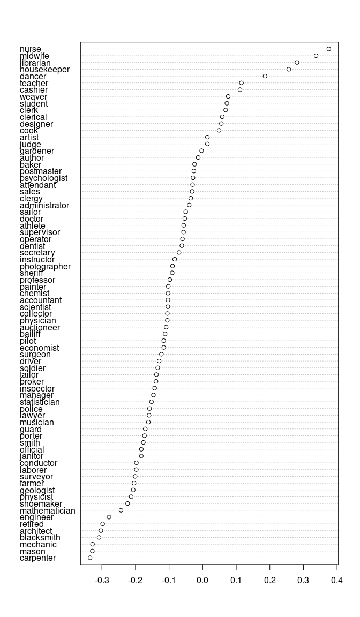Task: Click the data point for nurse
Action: tap(329, 49)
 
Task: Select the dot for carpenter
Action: tap(90, 558)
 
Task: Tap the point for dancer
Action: tap(265, 76)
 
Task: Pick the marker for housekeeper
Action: tap(289, 69)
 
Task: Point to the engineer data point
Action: tap(109, 517)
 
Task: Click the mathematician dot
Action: tap(121, 510)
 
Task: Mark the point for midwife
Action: tap(316, 56)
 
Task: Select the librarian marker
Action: tap(297, 63)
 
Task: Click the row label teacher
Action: tap(34, 83)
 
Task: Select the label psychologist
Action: tap(43, 178)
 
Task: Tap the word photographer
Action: tap(45, 266)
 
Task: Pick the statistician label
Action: tap(40, 402)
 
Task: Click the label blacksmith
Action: tap(40, 537)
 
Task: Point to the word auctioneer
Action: tap(40, 327)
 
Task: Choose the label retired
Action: tap(32, 524)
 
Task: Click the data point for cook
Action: tap(219, 130)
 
